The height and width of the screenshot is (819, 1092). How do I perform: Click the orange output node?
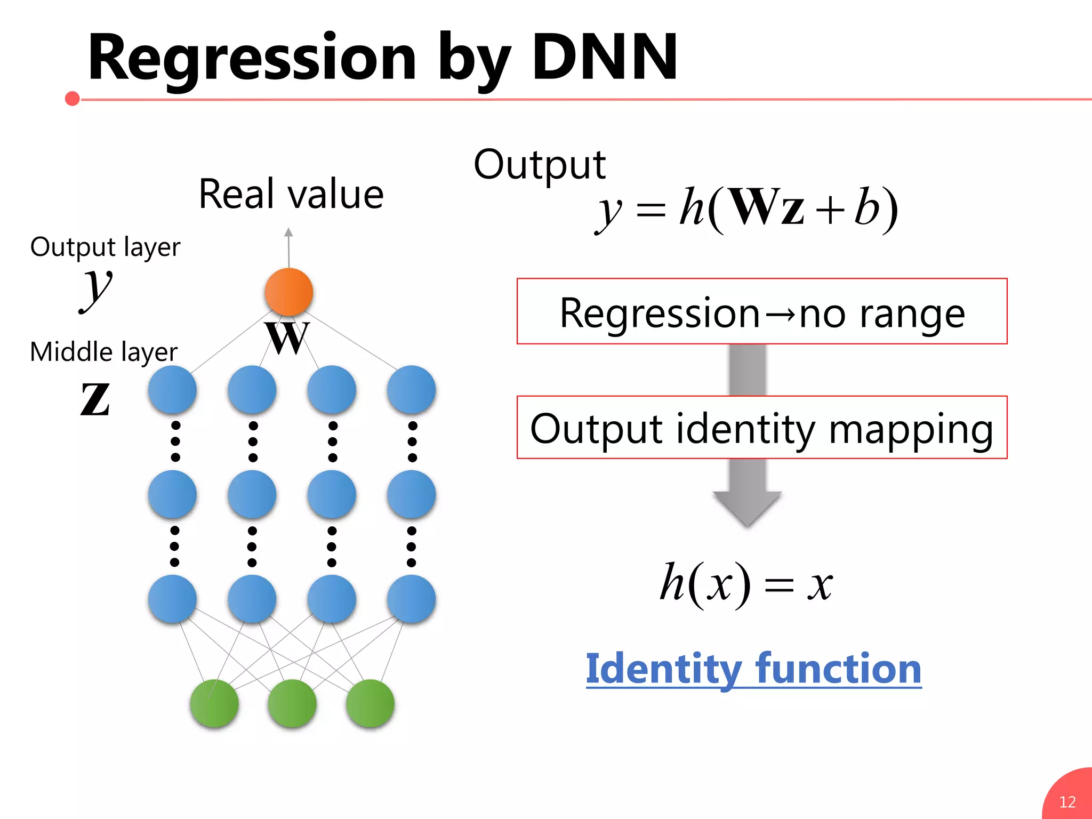pos(288,292)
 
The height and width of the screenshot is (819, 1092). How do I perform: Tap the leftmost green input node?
pos(214,703)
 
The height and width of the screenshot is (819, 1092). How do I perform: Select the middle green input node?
pos(292,703)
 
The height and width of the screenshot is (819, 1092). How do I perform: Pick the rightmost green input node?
pos(370,703)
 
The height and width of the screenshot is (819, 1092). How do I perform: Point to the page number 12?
pos(1067,802)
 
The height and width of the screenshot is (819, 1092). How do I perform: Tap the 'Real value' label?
pos(291,194)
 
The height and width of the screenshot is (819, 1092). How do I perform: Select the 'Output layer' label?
pos(105,247)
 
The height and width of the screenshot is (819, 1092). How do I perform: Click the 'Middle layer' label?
pos(103,352)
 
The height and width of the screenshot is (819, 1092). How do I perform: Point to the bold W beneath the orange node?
pos(288,338)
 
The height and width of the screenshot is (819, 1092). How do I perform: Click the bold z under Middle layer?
pos(95,399)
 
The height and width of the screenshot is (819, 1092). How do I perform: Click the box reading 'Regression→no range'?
pos(761,311)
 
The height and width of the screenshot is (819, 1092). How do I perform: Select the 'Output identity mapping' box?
pos(761,428)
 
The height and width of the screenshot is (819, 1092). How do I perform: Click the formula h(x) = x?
pos(745,583)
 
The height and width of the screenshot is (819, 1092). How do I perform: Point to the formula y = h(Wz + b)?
pos(746,209)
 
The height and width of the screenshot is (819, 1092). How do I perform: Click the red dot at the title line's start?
pos(73,99)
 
